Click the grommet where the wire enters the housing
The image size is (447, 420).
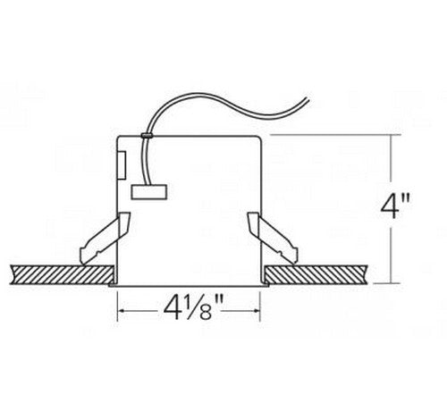point(144,135)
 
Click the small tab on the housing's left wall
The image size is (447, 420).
point(122,164)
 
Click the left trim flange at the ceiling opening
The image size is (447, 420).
point(114,284)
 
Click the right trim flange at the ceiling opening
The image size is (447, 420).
point(266,284)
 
